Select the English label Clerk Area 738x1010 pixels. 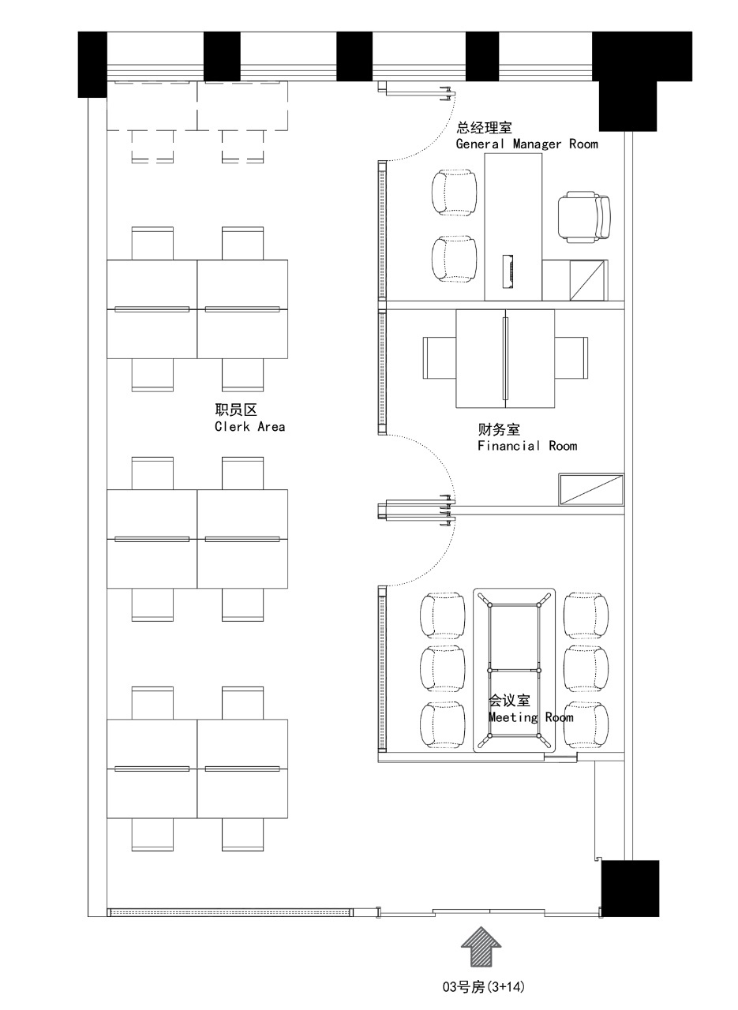pos(249,427)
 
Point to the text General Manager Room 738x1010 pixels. pos(527,144)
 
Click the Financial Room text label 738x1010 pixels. pos(527,446)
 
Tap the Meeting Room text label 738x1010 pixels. pos(531,717)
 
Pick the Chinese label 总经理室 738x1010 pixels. pos(484,128)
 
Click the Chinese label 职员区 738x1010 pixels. pos(236,410)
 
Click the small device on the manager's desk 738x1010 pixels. pos(508,271)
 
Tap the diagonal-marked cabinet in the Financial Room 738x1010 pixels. pos(591,489)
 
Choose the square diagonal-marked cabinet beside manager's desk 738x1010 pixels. pos(588,280)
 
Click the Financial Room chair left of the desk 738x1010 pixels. pos(440,357)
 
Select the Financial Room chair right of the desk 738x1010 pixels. pos(571,357)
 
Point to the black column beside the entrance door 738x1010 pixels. pos(630,888)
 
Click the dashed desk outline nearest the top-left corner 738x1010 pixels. pos(152,106)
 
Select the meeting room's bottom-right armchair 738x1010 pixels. pos(586,724)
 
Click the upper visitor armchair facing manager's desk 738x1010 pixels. pos(455,193)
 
